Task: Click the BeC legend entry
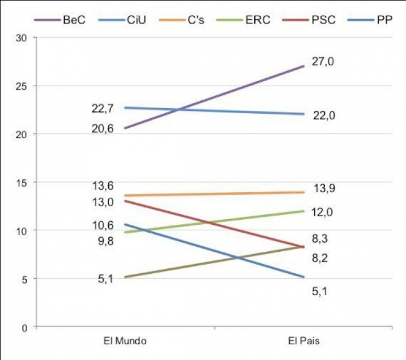click(73, 20)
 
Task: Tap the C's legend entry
click(195, 20)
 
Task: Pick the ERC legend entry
click(258, 20)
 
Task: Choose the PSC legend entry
click(324, 20)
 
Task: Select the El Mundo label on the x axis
click(125, 342)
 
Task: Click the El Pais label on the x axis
click(303, 342)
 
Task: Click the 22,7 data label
click(103, 108)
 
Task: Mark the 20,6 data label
click(103, 128)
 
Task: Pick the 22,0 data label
click(324, 115)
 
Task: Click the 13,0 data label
click(103, 202)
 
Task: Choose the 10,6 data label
click(103, 226)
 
